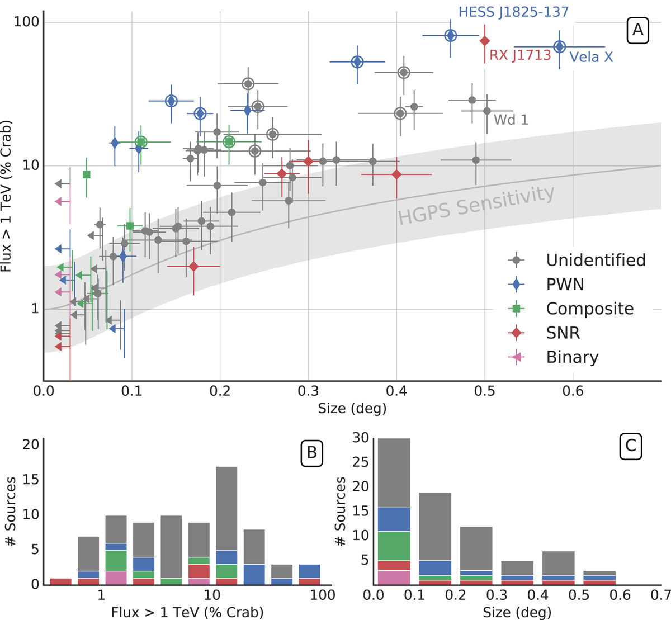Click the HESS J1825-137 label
(x=513, y=12)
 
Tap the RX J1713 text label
(x=520, y=55)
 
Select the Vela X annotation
(x=590, y=57)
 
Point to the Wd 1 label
(x=511, y=119)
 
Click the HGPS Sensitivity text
(x=476, y=205)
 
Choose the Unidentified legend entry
(x=596, y=260)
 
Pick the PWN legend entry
(x=565, y=285)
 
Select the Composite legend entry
(x=589, y=309)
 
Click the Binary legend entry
(x=572, y=357)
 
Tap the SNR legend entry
(x=563, y=333)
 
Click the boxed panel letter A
(x=637, y=30)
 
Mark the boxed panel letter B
(x=311, y=452)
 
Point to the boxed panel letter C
(x=630, y=446)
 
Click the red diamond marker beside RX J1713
(x=485, y=41)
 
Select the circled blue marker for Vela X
(x=559, y=47)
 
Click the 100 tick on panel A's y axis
(x=25, y=22)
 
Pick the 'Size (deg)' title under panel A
(x=352, y=409)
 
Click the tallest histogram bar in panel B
(x=226, y=526)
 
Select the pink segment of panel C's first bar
(x=394, y=577)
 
